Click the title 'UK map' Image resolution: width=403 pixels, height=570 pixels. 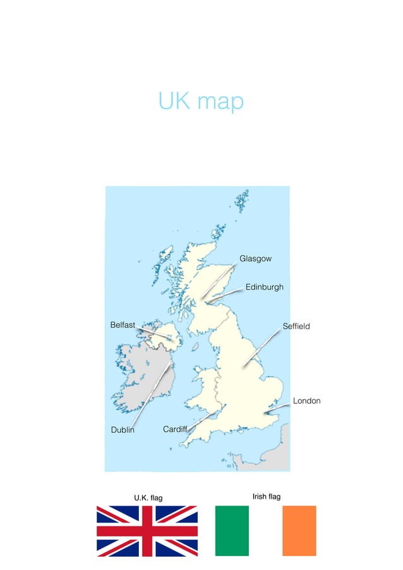pos(201,101)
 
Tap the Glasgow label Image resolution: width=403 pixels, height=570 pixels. pos(255,259)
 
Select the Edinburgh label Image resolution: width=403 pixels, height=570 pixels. pos(264,287)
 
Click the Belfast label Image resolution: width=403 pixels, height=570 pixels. pos(123,325)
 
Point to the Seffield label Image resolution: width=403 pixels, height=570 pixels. pos(296,326)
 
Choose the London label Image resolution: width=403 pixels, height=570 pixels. pos(306,401)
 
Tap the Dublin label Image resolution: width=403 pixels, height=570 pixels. pos(123,430)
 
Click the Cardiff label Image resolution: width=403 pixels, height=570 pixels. pos(175,429)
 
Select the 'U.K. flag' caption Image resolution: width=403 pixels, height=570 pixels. pos(148,498)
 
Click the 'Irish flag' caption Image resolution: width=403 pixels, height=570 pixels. pos(266,497)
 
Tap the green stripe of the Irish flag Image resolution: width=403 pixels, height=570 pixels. pos(232,531)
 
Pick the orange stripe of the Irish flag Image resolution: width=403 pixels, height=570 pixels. pos(299,531)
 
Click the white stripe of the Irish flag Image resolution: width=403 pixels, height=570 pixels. pos(266,531)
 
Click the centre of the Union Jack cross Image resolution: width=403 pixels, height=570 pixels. pos(147,531)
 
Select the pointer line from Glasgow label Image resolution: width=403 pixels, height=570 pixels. pos(218,281)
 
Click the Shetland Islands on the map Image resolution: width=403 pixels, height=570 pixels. pos(242,201)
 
